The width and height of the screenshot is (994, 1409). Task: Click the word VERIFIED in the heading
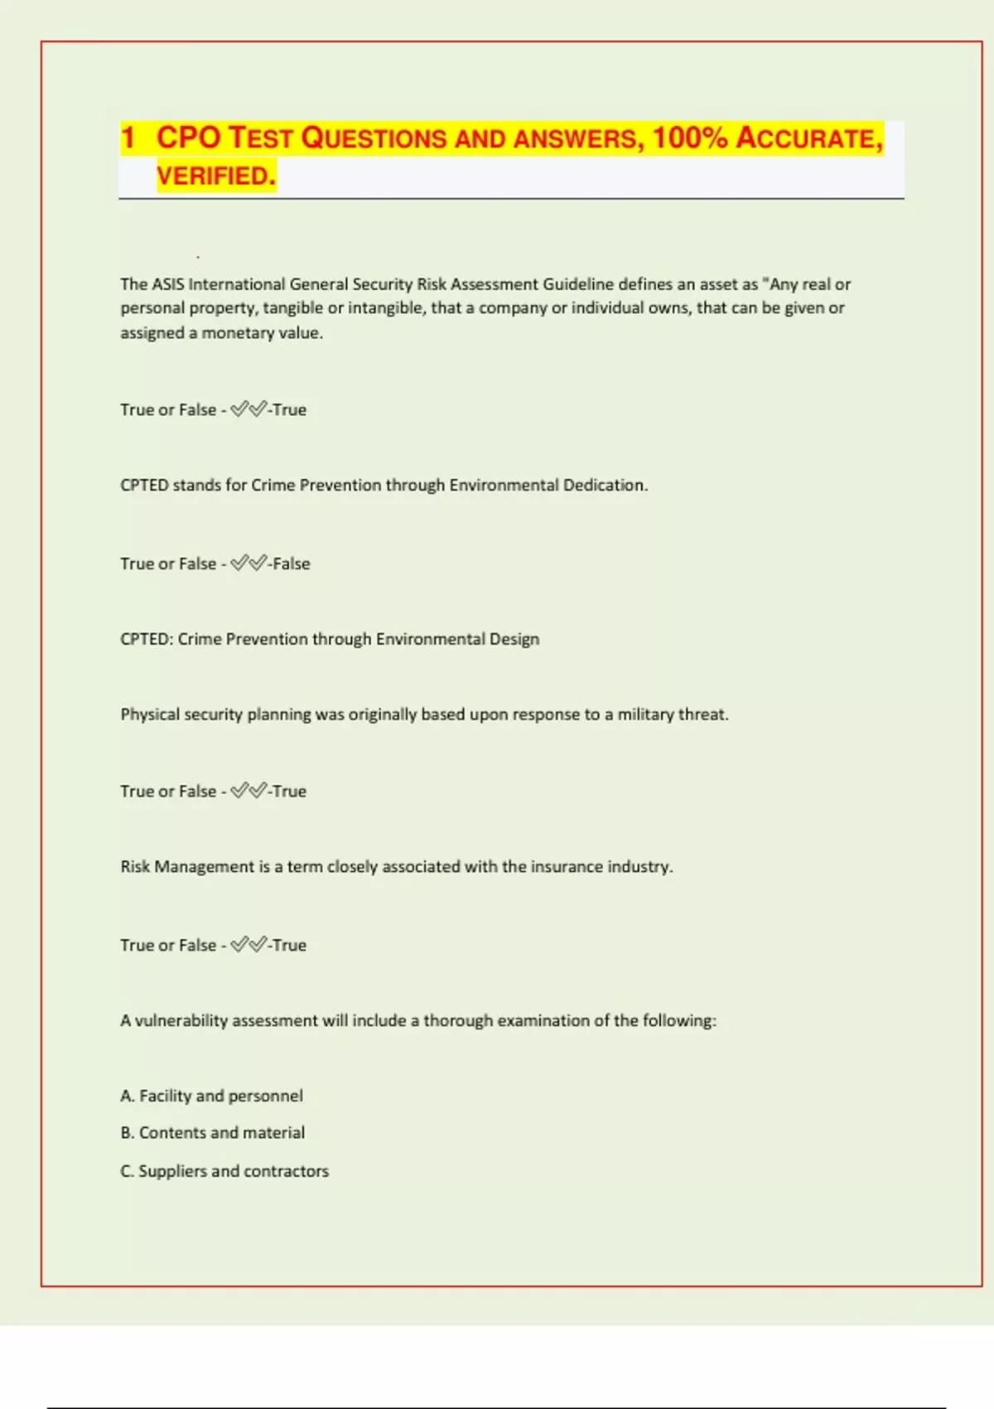(x=215, y=176)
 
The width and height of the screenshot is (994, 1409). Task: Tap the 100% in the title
(x=690, y=138)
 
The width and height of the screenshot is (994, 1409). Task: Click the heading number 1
(x=128, y=138)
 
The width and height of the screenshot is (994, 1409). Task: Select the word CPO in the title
(x=188, y=138)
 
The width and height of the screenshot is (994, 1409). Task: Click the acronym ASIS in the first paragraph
(x=168, y=284)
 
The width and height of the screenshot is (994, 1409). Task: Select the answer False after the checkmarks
(x=292, y=564)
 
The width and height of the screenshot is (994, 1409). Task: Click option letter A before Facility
(x=127, y=1096)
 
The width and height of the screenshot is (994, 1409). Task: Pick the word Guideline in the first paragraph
(x=578, y=284)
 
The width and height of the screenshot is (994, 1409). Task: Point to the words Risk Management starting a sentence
(x=187, y=866)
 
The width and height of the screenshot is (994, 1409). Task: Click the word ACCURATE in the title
(x=809, y=138)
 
